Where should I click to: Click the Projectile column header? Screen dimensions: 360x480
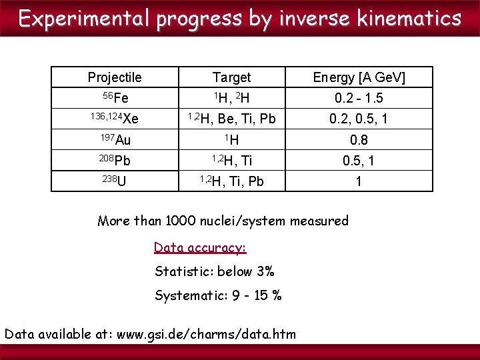click(115, 77)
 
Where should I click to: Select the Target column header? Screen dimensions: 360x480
click(231, 77)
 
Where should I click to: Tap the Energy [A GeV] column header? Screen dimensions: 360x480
click(359, 77)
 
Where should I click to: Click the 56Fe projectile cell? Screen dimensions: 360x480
click(115, 98)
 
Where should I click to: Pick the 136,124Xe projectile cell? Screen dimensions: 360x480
click(115, 119)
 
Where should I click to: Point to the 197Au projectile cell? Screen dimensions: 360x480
click(115, 140)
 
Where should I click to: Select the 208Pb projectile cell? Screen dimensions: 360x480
click(115, 161)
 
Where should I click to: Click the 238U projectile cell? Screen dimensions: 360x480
click(115, 181)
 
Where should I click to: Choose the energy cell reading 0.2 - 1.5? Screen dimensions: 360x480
click(359, 99)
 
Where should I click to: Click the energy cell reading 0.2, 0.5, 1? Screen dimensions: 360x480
click(359, 119)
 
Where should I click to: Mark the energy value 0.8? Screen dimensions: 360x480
click(359, 140)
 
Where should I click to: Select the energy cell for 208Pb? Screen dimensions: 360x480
click(359, 161)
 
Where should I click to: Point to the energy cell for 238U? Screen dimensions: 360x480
click(359, 181)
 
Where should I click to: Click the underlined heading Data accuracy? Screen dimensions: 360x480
click(200, 247)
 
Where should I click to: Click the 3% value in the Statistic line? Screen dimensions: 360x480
click(265, 271)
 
